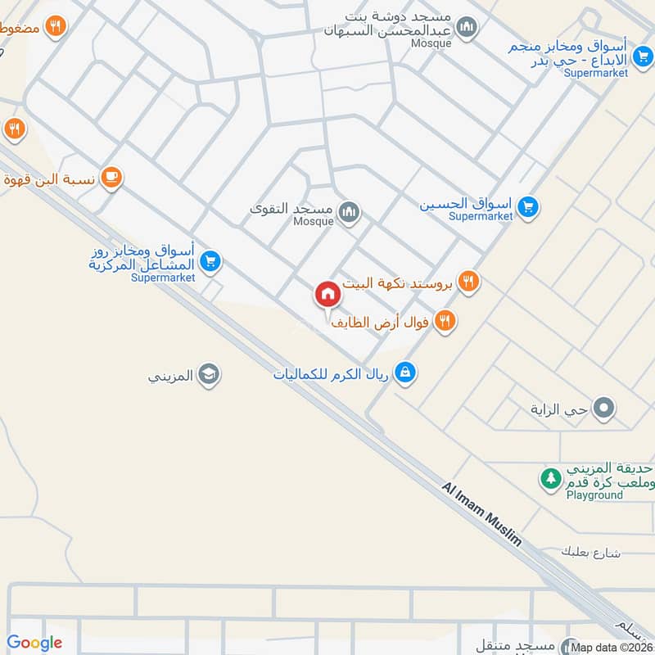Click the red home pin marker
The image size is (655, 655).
tap(327, 294)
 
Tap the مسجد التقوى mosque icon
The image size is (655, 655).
tap(350, 213)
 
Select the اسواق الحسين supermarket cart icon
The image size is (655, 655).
tap(528, 208)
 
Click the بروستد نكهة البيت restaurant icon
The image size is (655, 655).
tap(468, 282)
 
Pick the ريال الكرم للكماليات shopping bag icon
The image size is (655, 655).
tap(404, 373)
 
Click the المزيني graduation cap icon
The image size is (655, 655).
tap(209, 375)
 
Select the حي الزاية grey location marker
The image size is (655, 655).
tap(604, 408)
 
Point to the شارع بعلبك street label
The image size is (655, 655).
tap(590, 553)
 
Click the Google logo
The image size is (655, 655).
tap(34, 643)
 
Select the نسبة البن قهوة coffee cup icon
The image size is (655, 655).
tap(112, 178)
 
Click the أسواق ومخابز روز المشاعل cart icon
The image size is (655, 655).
tap(210, 261)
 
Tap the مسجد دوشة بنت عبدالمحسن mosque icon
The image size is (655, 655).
tap(467, 29)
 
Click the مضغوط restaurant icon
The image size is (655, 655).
tap(56, 26)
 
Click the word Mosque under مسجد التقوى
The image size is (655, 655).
tap(314, 221)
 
